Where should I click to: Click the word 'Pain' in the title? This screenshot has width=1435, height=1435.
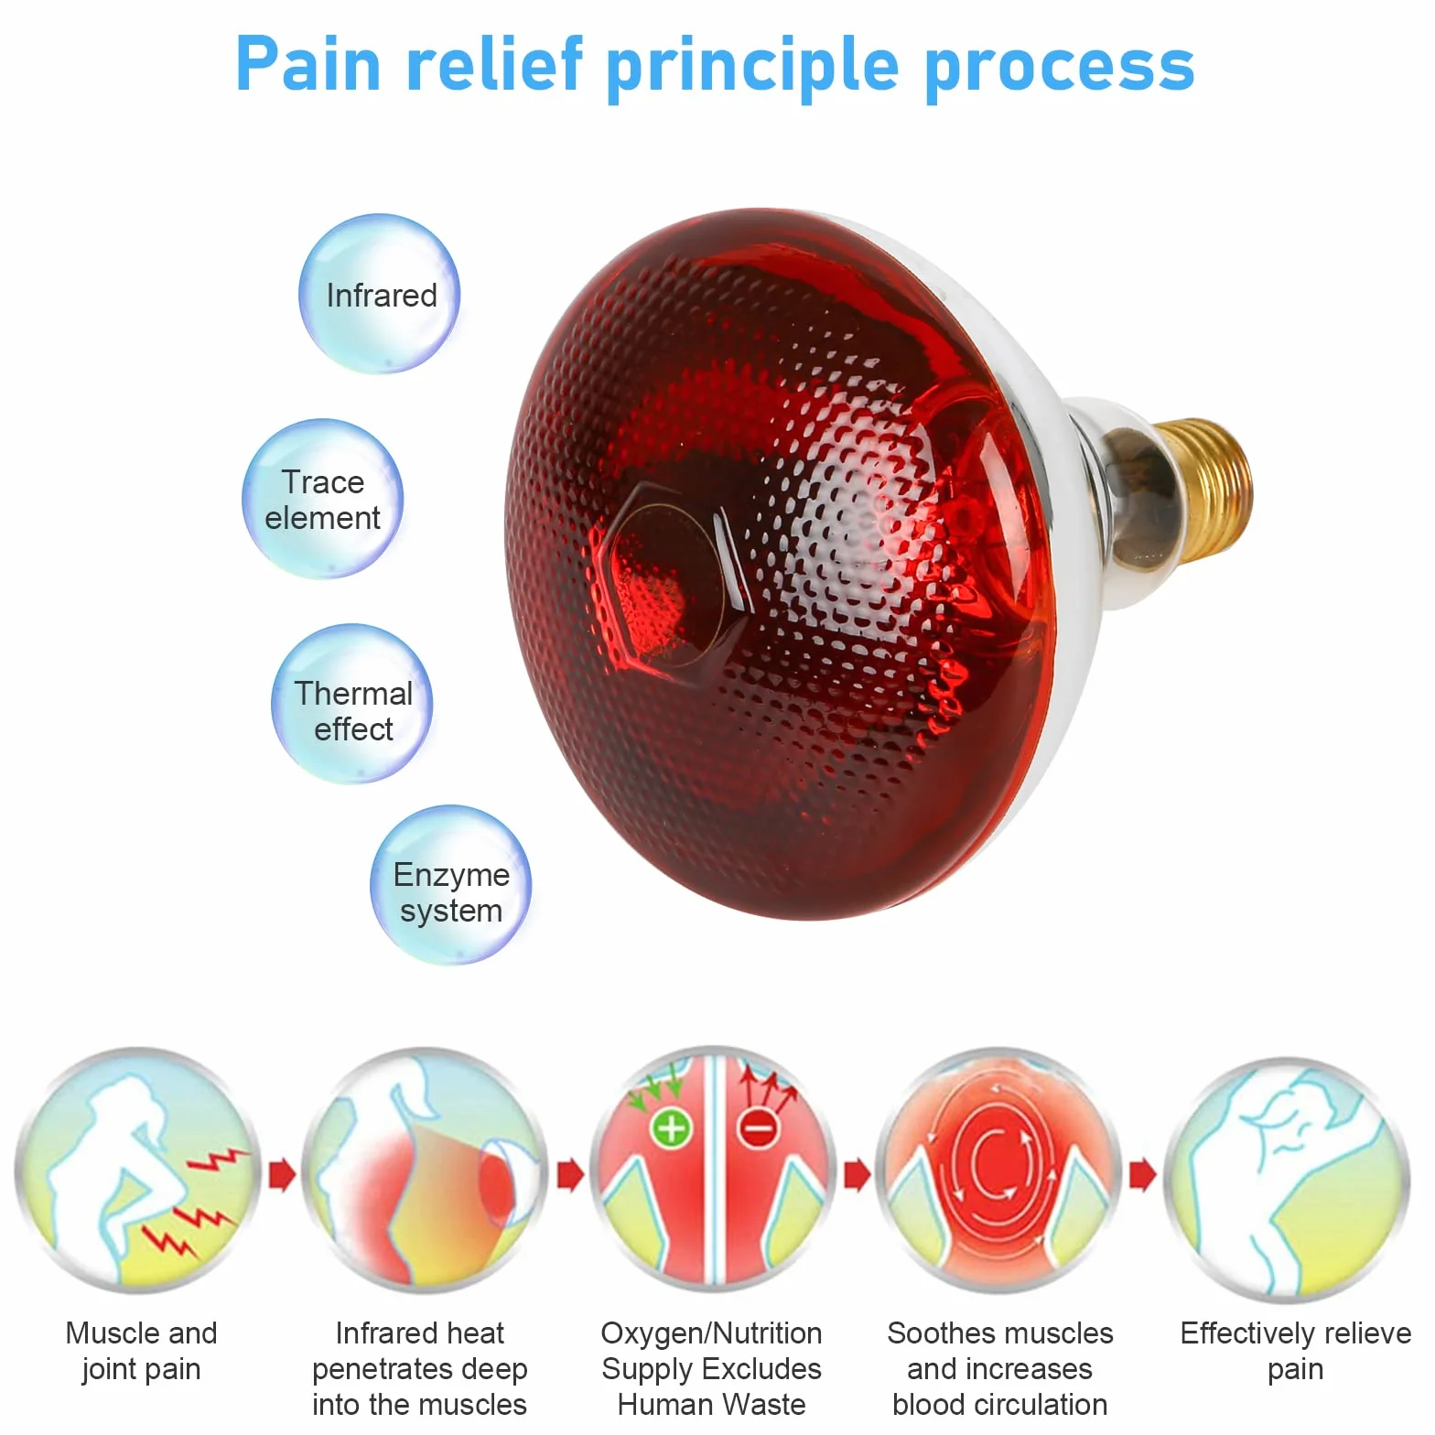click(307, 64)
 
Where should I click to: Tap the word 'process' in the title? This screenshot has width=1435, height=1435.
click(1059, 67)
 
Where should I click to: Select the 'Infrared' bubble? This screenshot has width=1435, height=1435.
click(379, 294)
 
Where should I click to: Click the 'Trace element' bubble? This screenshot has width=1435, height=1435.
click(322, 499)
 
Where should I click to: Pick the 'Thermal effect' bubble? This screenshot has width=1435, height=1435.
click(352, 704)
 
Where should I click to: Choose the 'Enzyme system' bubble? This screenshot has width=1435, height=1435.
click(450, 885)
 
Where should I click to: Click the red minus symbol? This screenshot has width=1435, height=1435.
click(759, 1127)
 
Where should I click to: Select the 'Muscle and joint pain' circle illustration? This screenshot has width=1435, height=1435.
click(138, 1171)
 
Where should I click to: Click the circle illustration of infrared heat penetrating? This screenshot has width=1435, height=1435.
click(425, 1171)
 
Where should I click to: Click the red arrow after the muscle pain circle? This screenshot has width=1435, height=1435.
click(282, 1174)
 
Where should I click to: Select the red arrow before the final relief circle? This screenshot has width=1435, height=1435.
click(1143, 1174)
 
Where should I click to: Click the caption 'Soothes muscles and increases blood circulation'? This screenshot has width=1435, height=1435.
click(999, 1368)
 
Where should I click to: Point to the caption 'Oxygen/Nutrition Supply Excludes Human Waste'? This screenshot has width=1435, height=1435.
click(711, 1368)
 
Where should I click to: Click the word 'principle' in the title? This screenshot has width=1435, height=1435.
click(753, 67)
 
